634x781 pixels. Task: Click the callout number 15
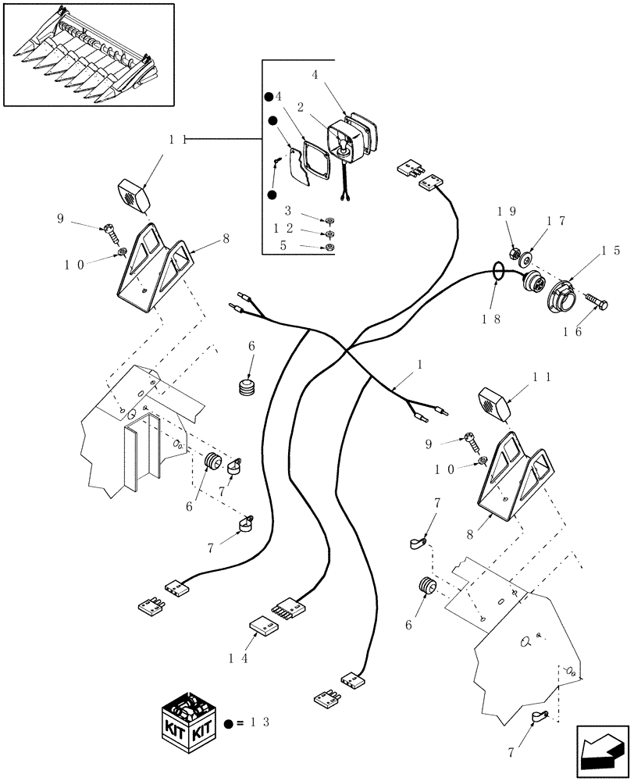coord(611,251)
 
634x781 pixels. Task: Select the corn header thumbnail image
coord(89,54)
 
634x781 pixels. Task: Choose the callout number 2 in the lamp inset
coord(300,107)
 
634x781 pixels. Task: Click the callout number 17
coord(556,221)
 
